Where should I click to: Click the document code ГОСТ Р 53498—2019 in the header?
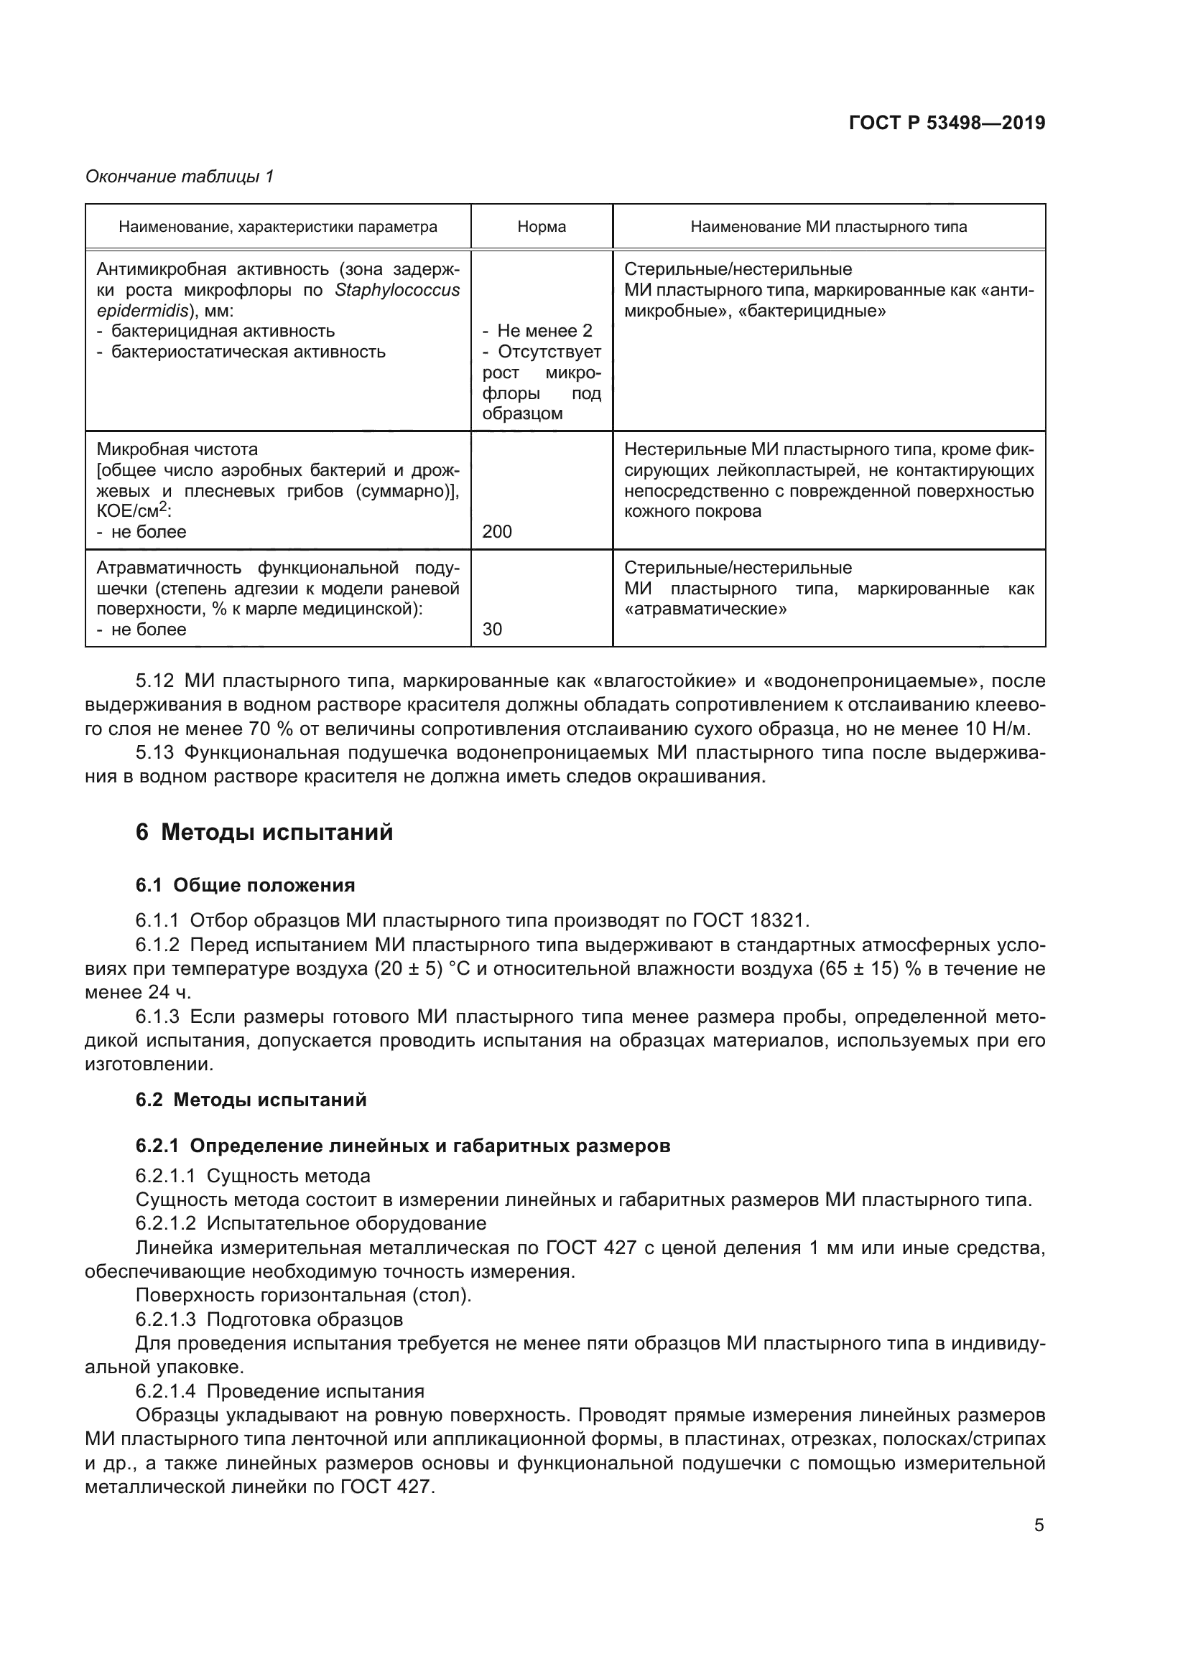[x=947, y=123]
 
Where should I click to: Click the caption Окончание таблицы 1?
[x=180, y=177]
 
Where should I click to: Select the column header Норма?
[x=542, y=227]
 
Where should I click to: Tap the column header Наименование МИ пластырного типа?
[x=828, y=227]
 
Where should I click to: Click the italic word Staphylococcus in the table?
[x=397, y=290]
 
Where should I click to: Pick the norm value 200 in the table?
[x=498, y=532]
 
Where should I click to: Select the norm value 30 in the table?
[x=492, y=629]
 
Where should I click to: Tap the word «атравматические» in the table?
[x=705, y=609]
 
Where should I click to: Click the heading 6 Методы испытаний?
[x=264, y=832]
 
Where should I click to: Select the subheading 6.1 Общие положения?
[x=245, y=885]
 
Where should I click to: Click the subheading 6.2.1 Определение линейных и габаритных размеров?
[x=402, y=1145]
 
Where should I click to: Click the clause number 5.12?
[x=154, y=681]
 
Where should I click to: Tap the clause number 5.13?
[x=154, y=752]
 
